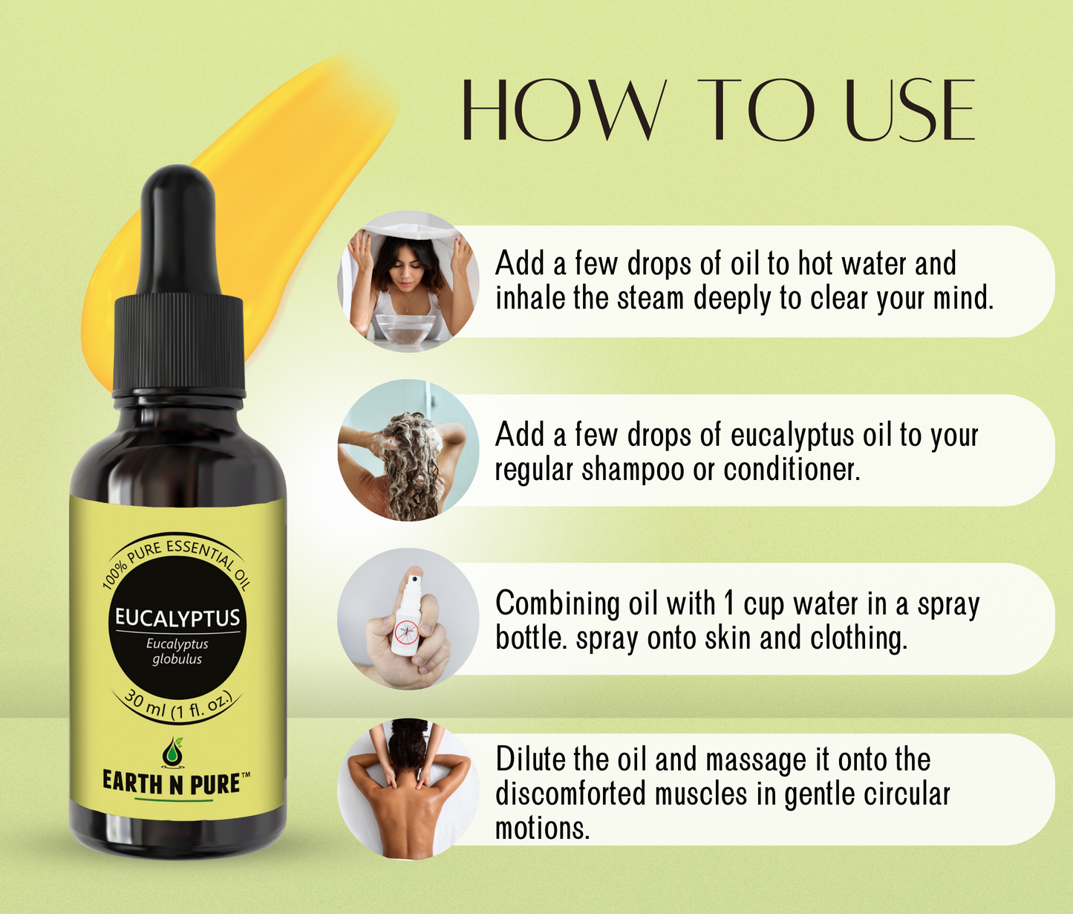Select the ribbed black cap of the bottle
click(180, 345)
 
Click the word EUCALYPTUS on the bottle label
click(177, 618)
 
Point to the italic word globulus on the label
click(177, 660)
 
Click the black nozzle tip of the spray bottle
click(413, 577)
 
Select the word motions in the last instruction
click(543, 827)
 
